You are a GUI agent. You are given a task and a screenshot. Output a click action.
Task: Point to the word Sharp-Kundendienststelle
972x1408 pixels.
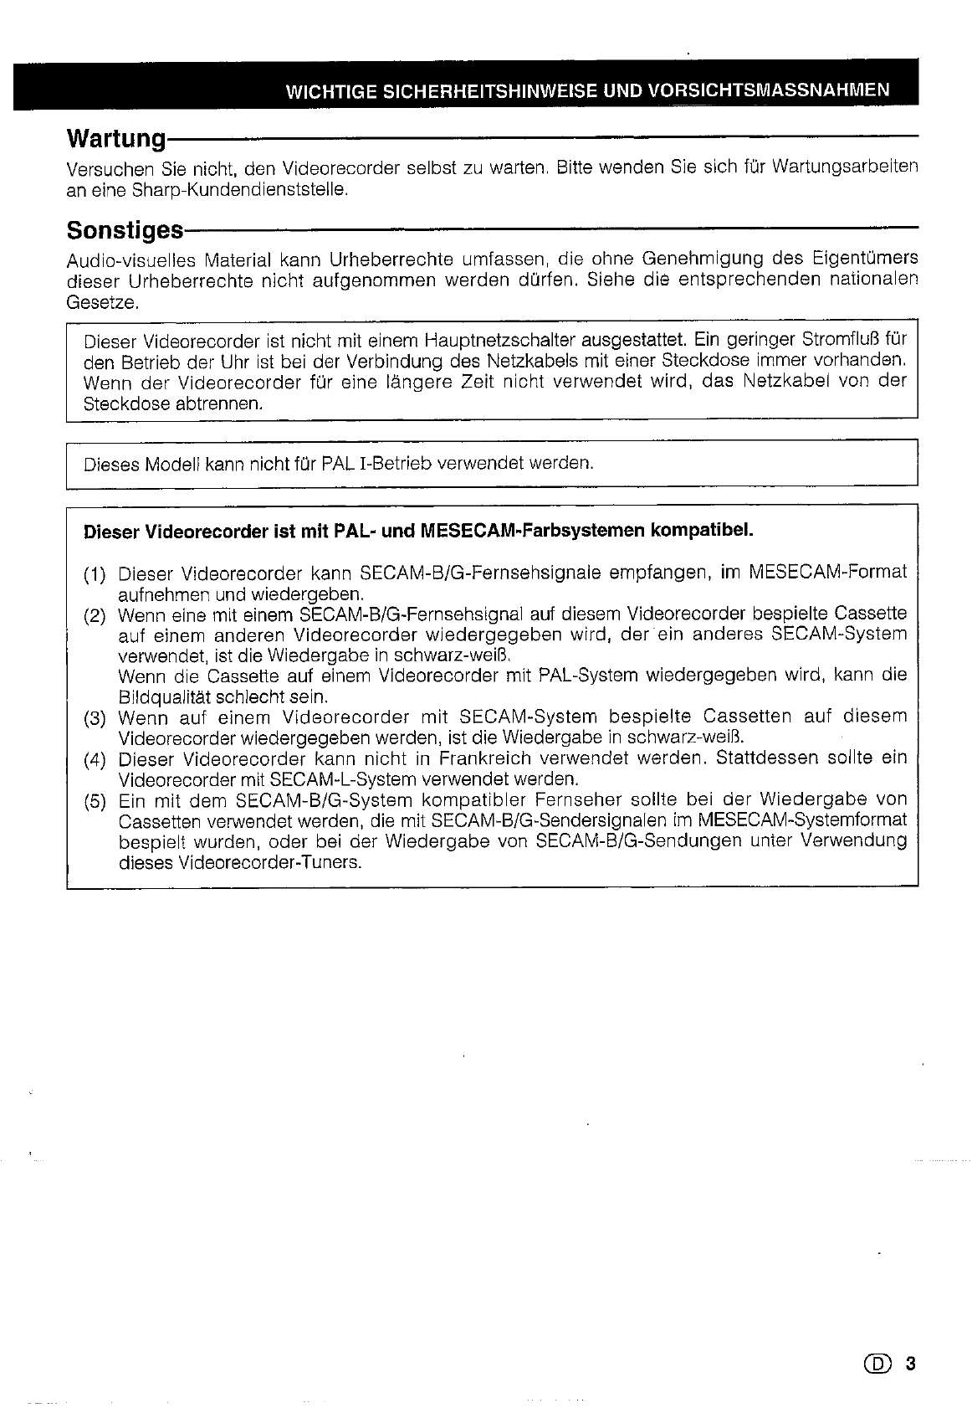(239, 189)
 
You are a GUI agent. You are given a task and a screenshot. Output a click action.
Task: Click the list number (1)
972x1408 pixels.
(95, 574)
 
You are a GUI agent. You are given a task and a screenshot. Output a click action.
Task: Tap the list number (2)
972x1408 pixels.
(95, 616)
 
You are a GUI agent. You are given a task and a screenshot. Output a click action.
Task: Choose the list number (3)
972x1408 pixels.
(95, 718)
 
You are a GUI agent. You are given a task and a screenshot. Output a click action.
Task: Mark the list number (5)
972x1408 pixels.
(95, 800)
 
